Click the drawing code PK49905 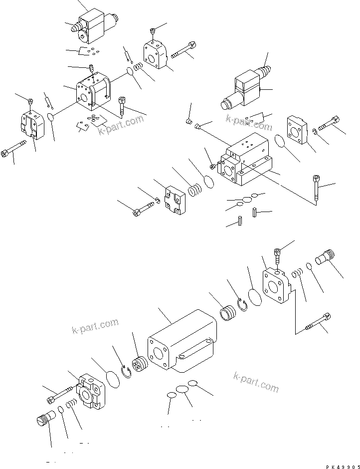pyautogui.click(x=343, y=467)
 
